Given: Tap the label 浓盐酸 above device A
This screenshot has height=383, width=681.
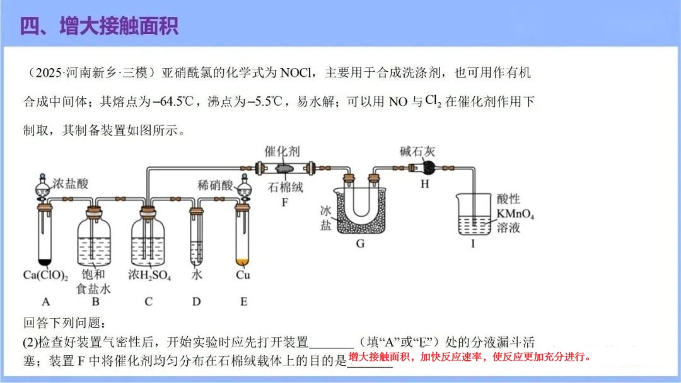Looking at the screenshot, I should coord(71,184).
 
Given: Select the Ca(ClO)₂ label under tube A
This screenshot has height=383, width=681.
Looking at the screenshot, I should coord(45,275).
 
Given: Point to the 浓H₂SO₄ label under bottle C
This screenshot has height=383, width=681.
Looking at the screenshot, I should coord(149,275).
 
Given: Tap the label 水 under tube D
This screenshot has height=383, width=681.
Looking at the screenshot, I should coord(197,275).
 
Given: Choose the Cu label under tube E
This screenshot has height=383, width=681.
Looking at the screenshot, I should coord(243,275).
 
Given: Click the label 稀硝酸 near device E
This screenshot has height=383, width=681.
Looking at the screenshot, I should coord(215,184).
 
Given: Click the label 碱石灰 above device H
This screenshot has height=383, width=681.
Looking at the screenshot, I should coord(417,152).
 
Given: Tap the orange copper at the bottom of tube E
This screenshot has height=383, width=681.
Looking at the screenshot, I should coord(243,260).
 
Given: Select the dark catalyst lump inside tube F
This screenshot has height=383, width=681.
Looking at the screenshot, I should coord(282,169).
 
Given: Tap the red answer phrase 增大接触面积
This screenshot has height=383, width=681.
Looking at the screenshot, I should coord(378,357).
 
